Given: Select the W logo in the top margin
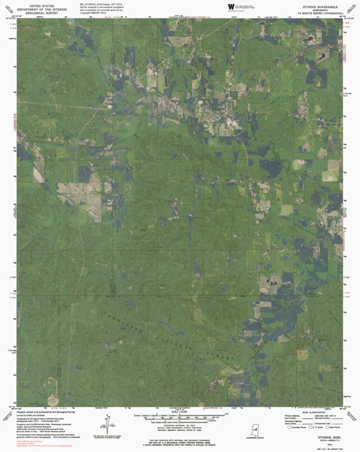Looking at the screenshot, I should pos(231,7).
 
